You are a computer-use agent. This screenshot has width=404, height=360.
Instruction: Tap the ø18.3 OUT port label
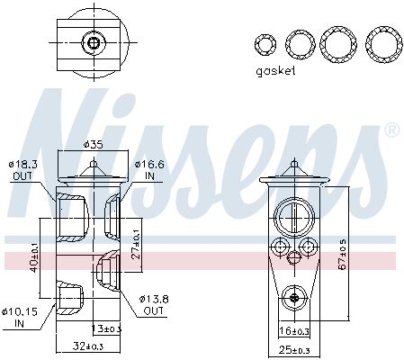click(22, 168)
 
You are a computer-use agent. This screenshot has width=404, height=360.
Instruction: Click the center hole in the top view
click(92, 41)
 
